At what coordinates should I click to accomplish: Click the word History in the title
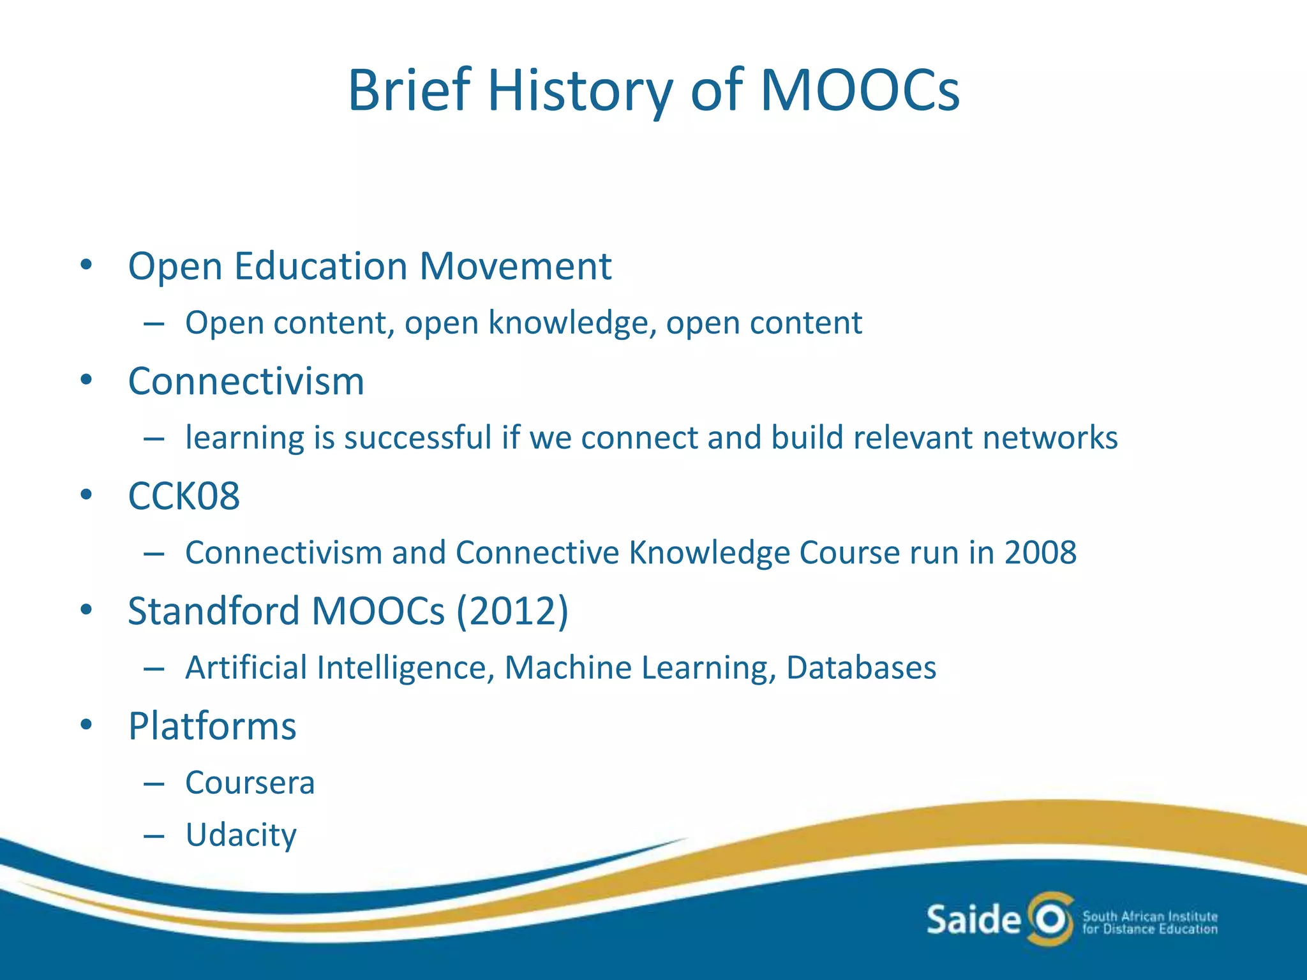click(x=579, y=91)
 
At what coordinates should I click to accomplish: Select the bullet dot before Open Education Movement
click(x=87, y=265)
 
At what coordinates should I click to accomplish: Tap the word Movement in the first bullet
click(x=515, y=266)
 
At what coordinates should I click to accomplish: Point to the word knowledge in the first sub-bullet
click(x=572, y=323)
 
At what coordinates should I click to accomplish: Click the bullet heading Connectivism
click(x=246, y=382)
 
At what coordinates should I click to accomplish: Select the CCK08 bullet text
click(x=184, y=496)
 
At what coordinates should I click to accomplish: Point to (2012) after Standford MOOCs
click(x=512, y=611)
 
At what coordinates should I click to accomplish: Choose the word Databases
click(x=861, y=668)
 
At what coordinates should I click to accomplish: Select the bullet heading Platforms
click(x=212, y=726)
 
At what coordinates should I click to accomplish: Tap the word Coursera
click(x=250, y=783)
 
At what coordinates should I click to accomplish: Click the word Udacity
click(x=241, y=835)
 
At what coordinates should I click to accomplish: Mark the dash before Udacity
click(x=154, y=836)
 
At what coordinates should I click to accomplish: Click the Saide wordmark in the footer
click(x=973, y=920)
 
